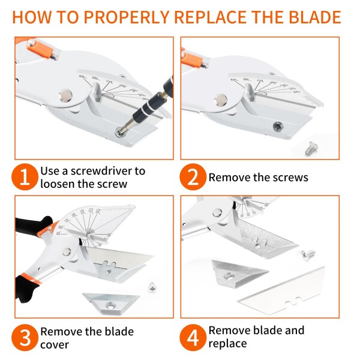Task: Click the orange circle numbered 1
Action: pos(25,177)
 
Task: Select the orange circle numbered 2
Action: pos(193,177)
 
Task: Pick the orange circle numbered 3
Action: pos(25,337)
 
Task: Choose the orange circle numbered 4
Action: pos(193,337)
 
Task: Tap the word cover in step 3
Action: pos(55,345)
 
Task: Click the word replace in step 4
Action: pos(227,344)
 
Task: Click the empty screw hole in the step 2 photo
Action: pos(278,127)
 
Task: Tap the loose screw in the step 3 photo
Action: pos(152,287)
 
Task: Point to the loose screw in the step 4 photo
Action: pos(308,254)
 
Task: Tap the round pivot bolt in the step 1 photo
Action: pos(66,95)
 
